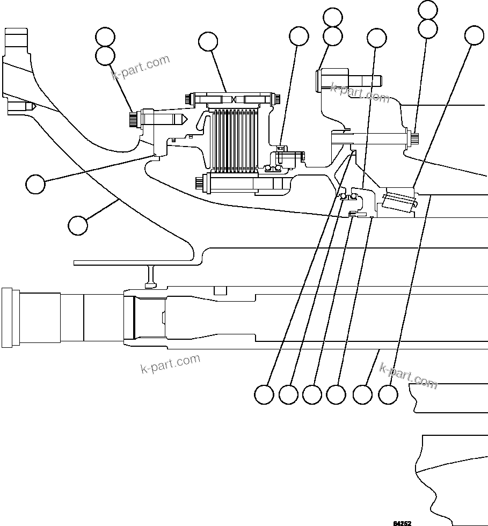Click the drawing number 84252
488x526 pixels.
pyautogui.click(x=402, y=523)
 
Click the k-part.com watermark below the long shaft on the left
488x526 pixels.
pyautogui.click(x=170, y=363)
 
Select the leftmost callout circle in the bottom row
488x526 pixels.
pyautogui.click(x=264, y=394)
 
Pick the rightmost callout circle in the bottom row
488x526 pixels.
pyautogui.click(x=388, y=394)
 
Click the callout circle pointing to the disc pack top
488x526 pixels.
pyautogui.click(x=208, y=41)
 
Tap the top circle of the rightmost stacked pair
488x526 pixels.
pyautogui.click(x=428, y=9)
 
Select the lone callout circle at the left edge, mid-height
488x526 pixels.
pyautogui.click(x=35, y=184)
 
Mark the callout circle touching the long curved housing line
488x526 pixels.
pyautogui.click(x=78, y=224)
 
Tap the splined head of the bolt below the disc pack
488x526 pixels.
pyautogui.click(x=200, y=184)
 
